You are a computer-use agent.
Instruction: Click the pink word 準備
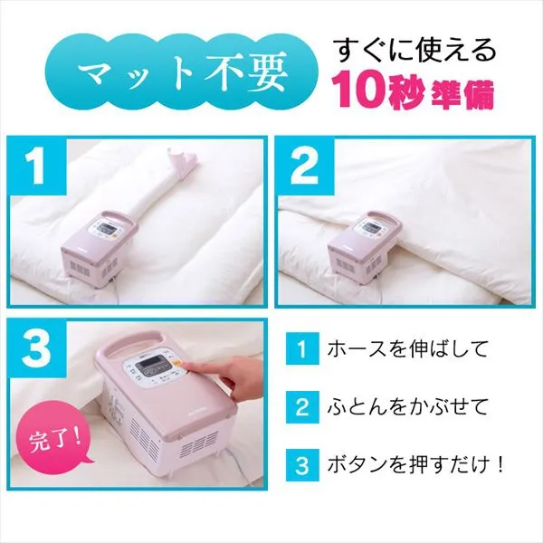click(x=462, y=94)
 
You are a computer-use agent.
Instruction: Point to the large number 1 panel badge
click(x=36, y=167)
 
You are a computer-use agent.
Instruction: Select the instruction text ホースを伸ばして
click(x=407, y=348)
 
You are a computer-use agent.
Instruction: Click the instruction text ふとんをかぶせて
click(x=407, y=406)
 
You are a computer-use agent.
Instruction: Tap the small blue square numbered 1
click(x=302, y=348)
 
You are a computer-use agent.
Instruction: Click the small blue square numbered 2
click(x=302, y=406)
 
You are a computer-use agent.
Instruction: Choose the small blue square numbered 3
click(x=302, y=465)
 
